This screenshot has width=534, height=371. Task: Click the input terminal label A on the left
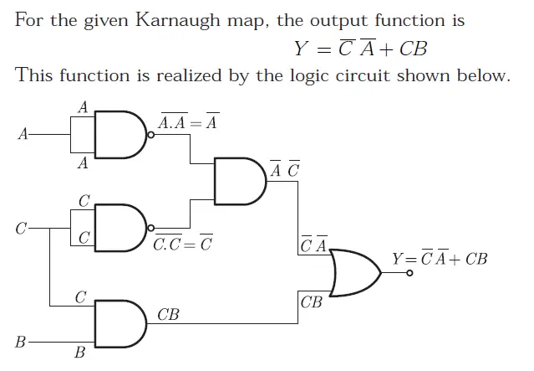[23, 133]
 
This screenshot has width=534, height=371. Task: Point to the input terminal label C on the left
[23, 227]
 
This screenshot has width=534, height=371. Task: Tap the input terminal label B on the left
[21, 343]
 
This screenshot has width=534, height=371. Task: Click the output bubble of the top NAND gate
[150, 133]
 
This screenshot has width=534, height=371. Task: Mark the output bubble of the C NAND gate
[150, 228]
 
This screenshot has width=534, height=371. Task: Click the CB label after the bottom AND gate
[169, 315]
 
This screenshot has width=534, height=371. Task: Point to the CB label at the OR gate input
[311, 301]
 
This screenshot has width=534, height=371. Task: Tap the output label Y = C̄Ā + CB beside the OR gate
[440, 258]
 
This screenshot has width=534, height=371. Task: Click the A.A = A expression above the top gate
[188, 123]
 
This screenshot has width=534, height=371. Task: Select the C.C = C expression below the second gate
[182, 246]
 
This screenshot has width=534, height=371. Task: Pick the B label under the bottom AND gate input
[80, 353]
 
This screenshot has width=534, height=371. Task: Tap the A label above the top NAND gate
[82, 107]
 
